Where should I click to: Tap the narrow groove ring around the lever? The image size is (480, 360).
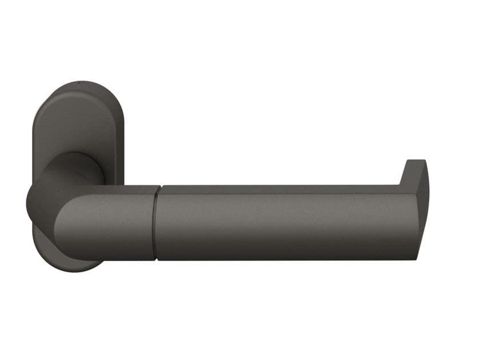click(x=156, y=223)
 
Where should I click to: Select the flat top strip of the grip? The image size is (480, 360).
click(x=280, y=189)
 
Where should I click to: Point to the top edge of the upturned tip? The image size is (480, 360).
click(x=417, y=161)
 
